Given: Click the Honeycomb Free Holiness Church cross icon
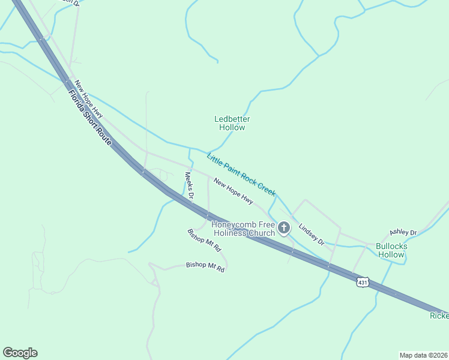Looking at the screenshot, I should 284,228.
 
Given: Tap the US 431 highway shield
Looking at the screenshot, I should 362,281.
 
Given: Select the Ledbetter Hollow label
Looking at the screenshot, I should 232,123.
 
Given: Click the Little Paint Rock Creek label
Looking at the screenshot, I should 241,175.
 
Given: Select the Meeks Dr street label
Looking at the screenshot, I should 189,185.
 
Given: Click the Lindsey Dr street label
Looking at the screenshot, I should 311,235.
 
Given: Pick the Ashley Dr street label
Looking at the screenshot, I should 403,232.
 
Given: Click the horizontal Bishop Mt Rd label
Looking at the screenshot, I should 205,267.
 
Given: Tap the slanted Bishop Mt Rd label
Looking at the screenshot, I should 204,240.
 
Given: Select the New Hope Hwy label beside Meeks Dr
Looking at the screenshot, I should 229,189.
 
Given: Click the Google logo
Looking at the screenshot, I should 20,353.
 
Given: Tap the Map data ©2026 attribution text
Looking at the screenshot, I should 423,355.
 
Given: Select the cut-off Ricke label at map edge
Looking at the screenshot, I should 439,316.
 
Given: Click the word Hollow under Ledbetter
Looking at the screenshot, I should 232,127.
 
